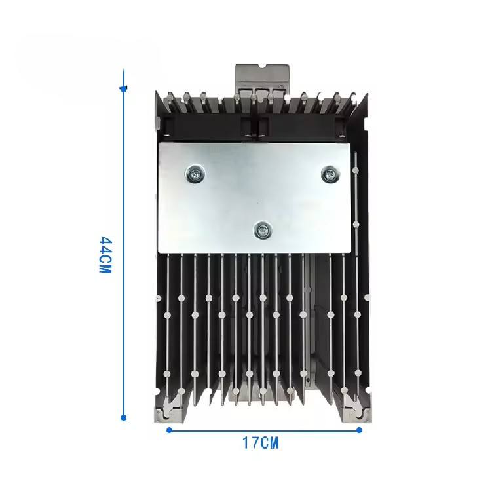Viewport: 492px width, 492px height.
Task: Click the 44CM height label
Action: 105,255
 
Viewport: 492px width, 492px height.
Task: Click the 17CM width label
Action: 261,443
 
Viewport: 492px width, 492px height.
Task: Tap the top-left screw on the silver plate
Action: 195,174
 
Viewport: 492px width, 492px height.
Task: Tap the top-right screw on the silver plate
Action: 330,174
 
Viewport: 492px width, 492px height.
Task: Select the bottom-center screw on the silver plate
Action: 263,231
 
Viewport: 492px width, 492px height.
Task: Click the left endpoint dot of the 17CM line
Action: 169,430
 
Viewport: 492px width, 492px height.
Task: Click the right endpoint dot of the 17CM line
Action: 360,430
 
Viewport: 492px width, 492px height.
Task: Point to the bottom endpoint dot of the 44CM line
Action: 124,417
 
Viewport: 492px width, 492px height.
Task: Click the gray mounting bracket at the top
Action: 262,77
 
